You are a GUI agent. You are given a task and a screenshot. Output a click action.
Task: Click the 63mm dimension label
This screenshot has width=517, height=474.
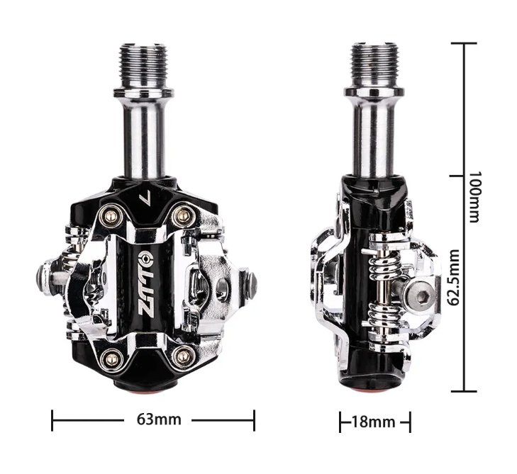159,419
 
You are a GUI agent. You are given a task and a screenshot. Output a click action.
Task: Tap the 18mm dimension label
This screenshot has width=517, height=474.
374,422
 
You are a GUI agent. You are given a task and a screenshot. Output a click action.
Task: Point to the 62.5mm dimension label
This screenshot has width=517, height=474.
455,278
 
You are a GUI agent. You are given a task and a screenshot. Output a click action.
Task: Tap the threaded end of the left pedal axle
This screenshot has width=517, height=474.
143,67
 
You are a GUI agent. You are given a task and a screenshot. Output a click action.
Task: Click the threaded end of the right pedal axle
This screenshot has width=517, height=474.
374,66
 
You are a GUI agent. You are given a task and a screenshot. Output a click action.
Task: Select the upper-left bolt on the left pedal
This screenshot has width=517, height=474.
111,216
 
